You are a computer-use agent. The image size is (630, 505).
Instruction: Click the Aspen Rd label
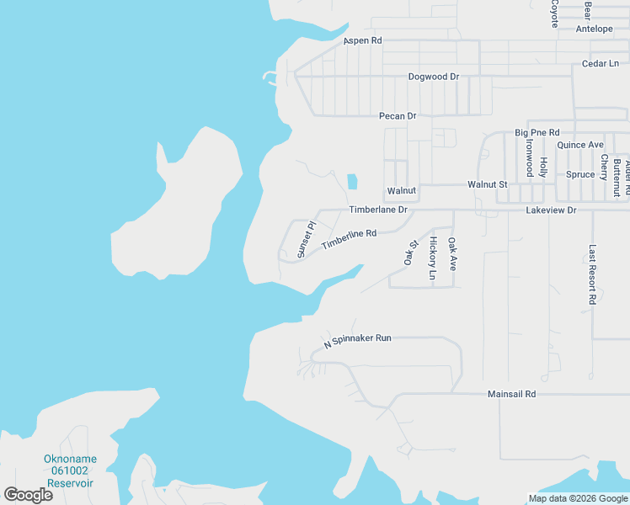pyautogui.click(x=363, y=40)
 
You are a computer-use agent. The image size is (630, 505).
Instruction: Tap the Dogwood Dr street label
pyautogui.click(x=433, y=77)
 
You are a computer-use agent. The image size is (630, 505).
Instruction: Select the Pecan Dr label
pyautogui.click(x=398, y=116)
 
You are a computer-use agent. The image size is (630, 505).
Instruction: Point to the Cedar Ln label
pyautogui.click(x=601, y=64)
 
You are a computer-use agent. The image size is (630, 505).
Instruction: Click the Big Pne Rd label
pyautogui.click(x=537, y=133)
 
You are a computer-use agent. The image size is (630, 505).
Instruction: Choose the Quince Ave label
pyautogui.click(x=580, y=145)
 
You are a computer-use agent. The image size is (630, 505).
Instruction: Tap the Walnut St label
pyautogui.click(x=488, y=184)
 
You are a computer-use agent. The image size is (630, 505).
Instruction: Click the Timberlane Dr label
pyautogui.click(x=378, y=210)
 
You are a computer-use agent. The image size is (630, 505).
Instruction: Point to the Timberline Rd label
pyautogui.click(x=348, y=239)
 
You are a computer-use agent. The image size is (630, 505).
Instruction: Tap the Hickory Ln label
pyautogui.click(x=433, y=258)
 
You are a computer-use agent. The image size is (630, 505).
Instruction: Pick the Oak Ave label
pyautogui.click(x=452, y=253)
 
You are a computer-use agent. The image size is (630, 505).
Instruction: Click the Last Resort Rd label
pyautogui.click(x=593, y=274)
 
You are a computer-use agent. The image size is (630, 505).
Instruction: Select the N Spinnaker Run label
pyautogui.click(x=358, y=341)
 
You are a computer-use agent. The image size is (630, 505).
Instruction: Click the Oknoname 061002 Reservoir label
pyautogui.click(x=69, y=471)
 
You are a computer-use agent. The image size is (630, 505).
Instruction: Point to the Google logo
pyautogui.click(x=29, y=494)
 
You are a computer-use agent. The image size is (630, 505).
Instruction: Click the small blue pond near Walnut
pyautogui.click(x=351, y=181)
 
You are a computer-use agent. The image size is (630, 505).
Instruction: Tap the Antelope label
pyautogui.click(x=594, y=29)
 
